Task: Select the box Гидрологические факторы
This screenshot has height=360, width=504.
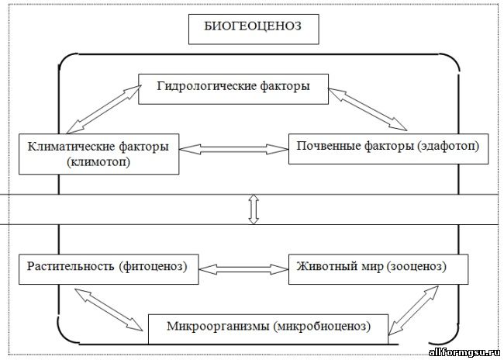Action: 233,88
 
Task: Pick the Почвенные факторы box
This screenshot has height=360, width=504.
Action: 388,147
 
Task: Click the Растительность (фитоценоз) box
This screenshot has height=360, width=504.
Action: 105,268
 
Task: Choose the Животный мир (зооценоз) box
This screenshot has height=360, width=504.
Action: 379,268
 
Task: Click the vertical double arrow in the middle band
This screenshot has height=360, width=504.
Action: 253,209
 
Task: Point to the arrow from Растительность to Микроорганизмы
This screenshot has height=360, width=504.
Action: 109,309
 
